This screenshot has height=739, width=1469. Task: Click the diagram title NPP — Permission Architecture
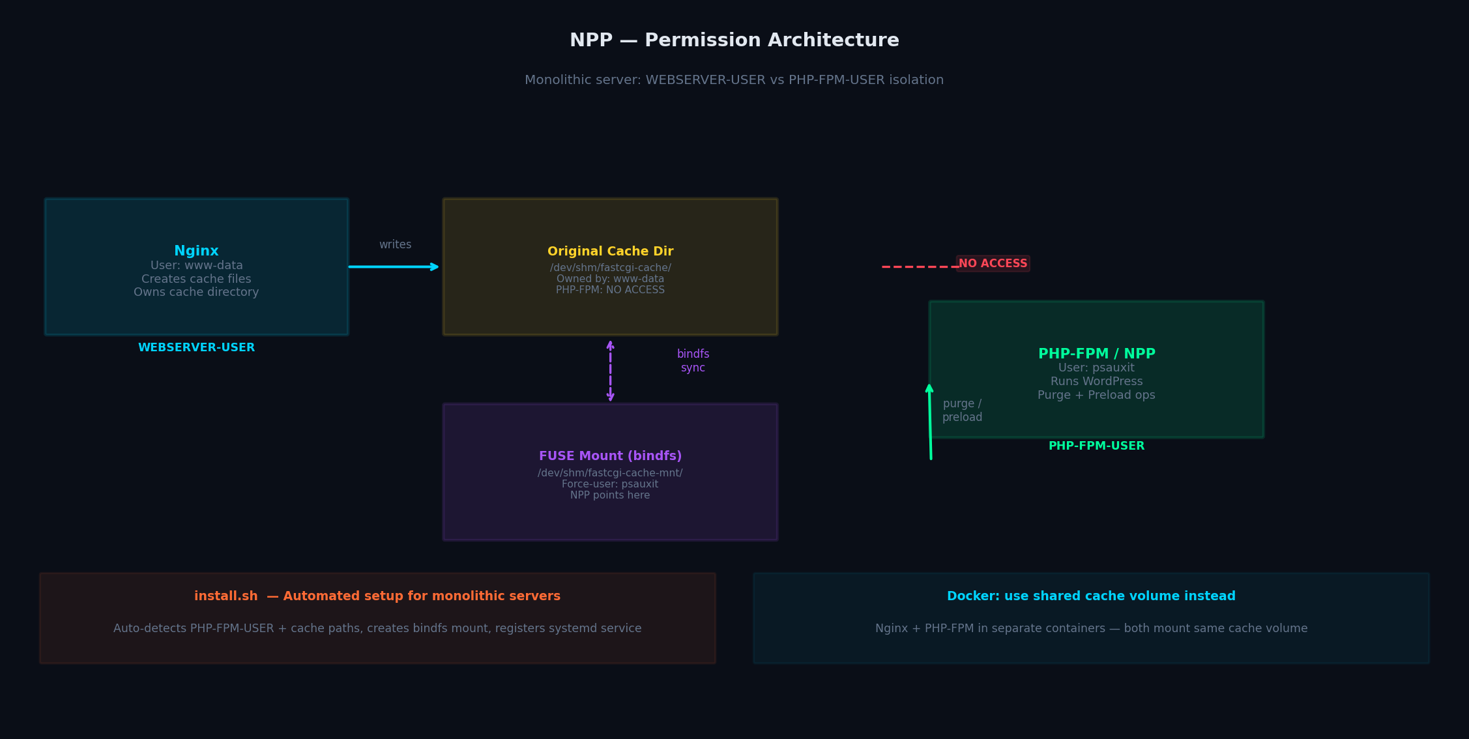click(734, 40)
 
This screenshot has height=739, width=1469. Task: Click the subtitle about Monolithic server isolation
click(734, 80)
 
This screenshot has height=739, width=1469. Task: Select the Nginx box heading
click(196, 251)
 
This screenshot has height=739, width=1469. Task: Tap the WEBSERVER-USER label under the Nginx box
click(196, 347)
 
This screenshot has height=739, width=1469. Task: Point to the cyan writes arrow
click(394, 267)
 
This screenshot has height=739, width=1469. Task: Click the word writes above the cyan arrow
click(395, 244)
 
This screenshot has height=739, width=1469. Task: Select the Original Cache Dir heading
click(611, 252)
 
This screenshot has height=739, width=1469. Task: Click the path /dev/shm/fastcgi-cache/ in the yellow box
click(611, 268)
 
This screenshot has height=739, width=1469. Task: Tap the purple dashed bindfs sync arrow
click(610, 370)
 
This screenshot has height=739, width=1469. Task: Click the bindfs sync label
click(693, 360)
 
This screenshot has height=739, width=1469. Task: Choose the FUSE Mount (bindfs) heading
click(611, 456)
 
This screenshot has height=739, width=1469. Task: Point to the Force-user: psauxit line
click(610, 484)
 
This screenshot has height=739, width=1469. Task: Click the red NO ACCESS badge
click(993, 263)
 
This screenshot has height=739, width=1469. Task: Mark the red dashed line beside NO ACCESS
click(920, 267)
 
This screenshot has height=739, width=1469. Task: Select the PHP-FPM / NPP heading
click(1096, 354)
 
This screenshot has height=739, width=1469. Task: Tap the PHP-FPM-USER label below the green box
click(1096, 446)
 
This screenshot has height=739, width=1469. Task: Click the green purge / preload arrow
click(930, 422)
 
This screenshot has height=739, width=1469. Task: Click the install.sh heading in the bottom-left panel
click(377, 596)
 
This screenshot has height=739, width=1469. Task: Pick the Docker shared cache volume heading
click(1091, 596)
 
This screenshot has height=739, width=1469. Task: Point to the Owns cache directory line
click(196, 292)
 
